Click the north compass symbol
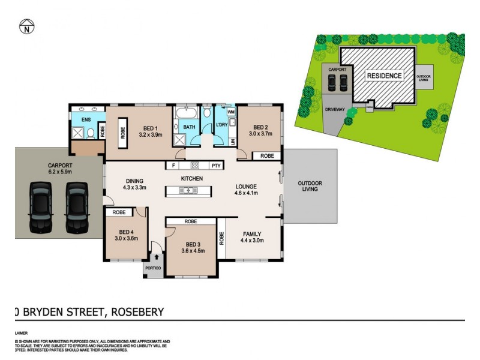[26, 26]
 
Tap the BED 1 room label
[151, 127]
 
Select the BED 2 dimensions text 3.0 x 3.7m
[260, 134]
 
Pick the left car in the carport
[41, 206]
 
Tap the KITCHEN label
[192, 179]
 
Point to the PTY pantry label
[216, 165]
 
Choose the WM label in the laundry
[230, 112]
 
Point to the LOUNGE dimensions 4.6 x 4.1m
[246, 193]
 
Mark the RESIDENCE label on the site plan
[385, 76]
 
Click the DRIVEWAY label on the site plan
[334, 110]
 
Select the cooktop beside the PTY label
[194, 165]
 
